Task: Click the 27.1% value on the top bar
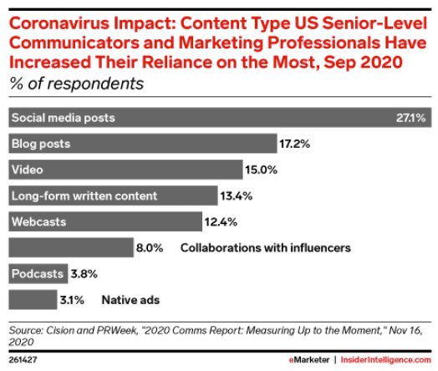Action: tap(410, 118)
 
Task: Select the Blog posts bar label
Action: tap(41, 144)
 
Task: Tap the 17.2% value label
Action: tap(295, 144)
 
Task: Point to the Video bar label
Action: tap(28, 170)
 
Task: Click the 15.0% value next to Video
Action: tap(261, 170)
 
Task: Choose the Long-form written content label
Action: tap(84, 196)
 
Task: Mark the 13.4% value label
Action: tap(237, 196)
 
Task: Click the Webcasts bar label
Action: tap(38, 222)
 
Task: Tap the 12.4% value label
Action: tap(221, 222)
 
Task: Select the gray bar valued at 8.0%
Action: tap(71, 247)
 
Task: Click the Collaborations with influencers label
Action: tap(266, 248)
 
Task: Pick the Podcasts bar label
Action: tap(38, 274)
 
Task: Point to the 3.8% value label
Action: tap(84, 274)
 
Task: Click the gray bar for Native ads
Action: tap(33, 300)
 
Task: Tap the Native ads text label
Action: tap(130, 300)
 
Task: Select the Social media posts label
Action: tap(64, 118)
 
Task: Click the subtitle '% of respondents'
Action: tap(77, 84)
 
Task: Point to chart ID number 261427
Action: tap(23, 360)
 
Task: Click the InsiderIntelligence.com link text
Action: tap(386, 360)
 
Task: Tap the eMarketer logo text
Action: tap(309, 360)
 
